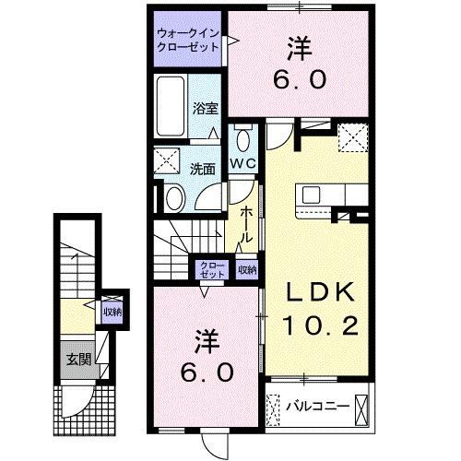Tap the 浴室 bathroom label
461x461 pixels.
click(x=204, y=108)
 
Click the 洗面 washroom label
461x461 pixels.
click(x=203, y=169)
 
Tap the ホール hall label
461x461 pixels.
click(x=246, y=224)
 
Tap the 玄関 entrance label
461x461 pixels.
click(x=77, y=359)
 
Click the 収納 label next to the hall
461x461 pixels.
click(x=246, y=270)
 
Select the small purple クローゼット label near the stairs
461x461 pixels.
click(x=211, y=270)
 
